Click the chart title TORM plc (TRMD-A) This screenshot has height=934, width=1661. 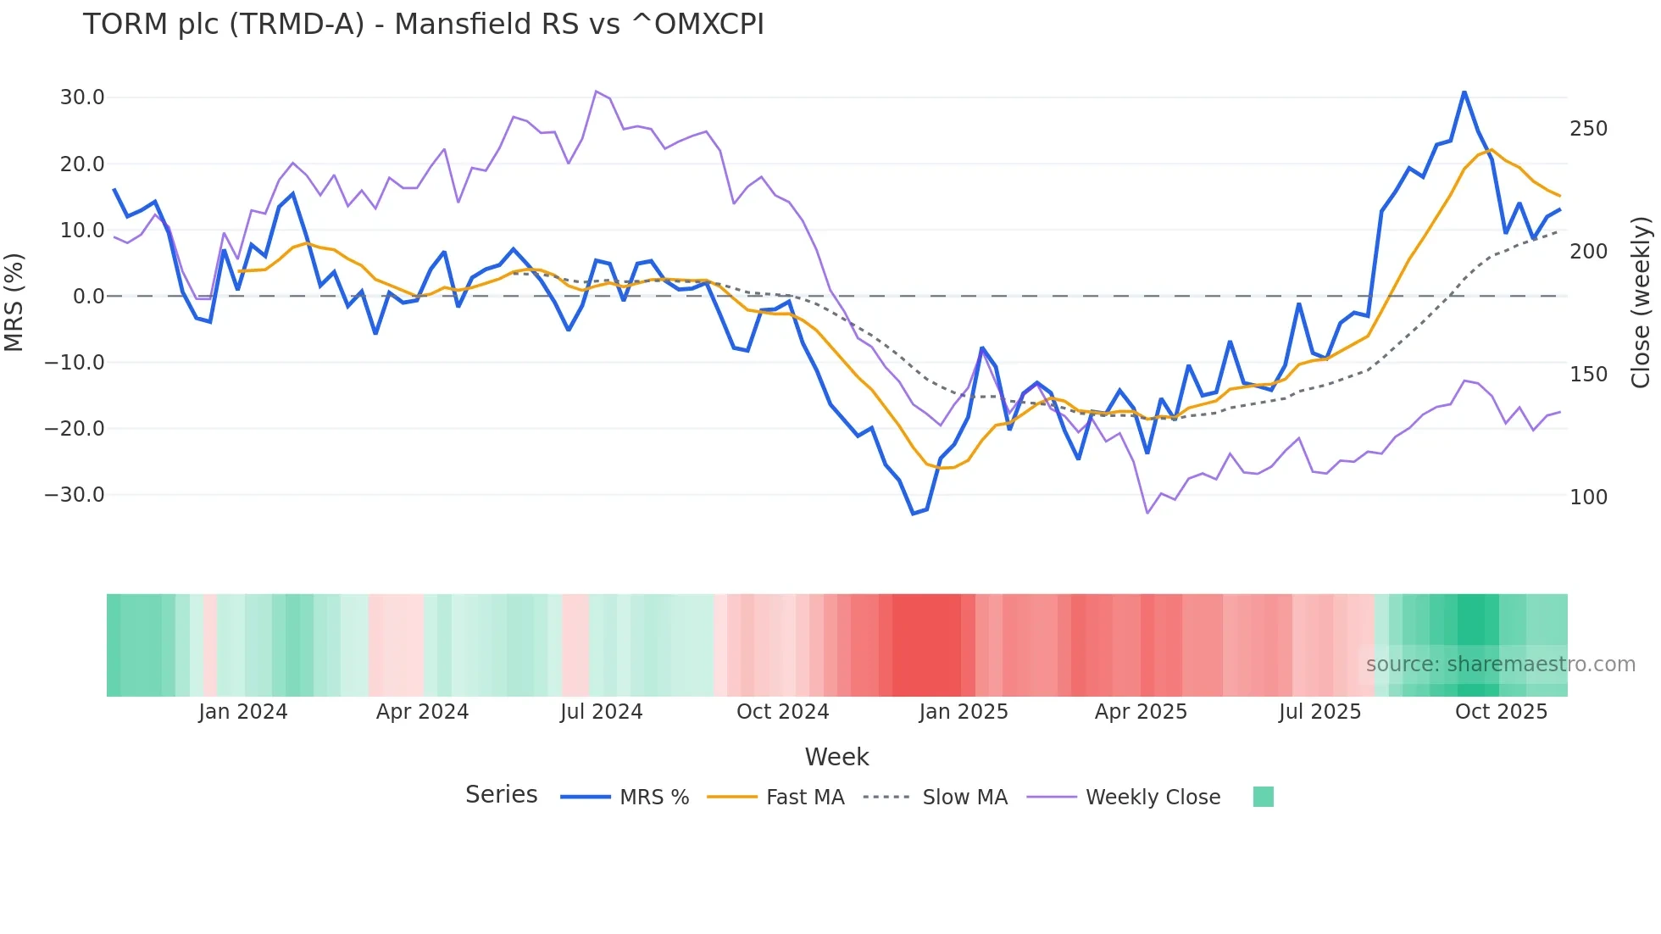pyautogui.click(x=423, y=25)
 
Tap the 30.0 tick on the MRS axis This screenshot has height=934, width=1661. pyautogui.click(x=82, y=97)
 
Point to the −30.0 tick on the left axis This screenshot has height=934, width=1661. pyautogui.click(x=75, y=495)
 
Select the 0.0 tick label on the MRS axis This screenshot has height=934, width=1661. pyautogui.click(x=88, y=297)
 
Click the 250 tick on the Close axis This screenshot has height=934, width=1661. pyautogui.click(x=1588, y=129)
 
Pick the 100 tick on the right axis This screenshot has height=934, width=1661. pyautogui.click(x=1588, y=498)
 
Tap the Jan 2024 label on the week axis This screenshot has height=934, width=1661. pyautogui.click(x=243, y=712)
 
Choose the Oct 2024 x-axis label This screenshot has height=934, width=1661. pyautogui.click(x=782, y=712)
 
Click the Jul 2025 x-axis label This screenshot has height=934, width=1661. pyautogui.click(x=1319, y=712)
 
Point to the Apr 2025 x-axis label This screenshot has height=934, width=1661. pyautogui.click(x=1141, y=712)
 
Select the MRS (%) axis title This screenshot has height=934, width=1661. pyautogui.click(x=14, y=302)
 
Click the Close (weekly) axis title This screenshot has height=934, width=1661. pyautogui.click(x=1641, y=303)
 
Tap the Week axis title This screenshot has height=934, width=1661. pyautogui.click(x=836, y=757)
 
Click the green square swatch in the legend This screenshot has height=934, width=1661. pyautogui.click(x=1263, y=797)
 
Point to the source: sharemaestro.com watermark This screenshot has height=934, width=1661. pyautogui.click(x=1500, y=664)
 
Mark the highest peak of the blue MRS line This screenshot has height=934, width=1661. pyautogui.click(x=1464, y=92)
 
